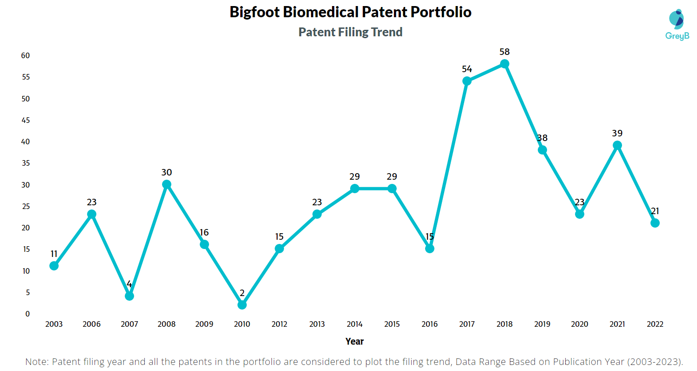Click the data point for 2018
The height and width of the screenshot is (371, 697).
pos(504,64)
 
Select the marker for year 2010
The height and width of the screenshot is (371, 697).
pos(242,305)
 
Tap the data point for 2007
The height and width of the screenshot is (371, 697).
pos(129,296)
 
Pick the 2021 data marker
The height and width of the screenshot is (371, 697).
pos(617,145)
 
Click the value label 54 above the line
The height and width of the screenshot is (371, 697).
pos(467,69)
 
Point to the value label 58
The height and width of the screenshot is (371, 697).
pos(504,52)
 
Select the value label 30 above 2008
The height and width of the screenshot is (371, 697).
pos(167,172)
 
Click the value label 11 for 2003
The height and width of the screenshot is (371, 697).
pos(54,254)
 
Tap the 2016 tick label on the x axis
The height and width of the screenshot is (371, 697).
pos(429,324)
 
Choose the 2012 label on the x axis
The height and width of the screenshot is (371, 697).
pos(279,324)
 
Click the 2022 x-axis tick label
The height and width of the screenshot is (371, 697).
pos(655,324)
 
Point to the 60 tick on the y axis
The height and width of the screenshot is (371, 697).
pos(25,56)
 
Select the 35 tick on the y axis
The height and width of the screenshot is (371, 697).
pos(25,163)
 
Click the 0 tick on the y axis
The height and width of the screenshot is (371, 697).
pos(27,314)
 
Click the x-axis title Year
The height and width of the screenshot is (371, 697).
pos(354,341)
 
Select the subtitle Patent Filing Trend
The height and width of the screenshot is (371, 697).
pos(350,32)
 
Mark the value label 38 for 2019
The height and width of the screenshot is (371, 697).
pos(542,138)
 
